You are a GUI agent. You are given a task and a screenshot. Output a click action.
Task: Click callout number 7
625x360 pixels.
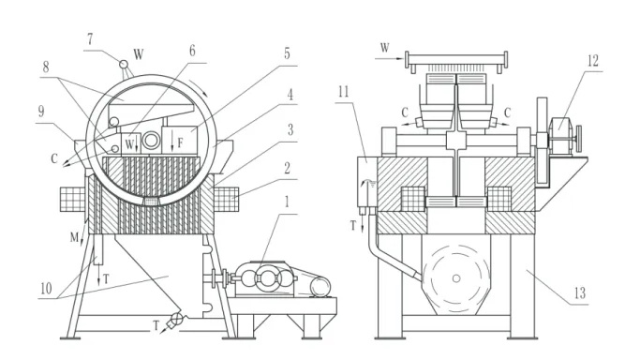(90, 39)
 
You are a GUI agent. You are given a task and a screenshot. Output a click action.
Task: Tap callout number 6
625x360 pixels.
(192, 51)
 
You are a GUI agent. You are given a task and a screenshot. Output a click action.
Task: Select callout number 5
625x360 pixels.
(287, 53)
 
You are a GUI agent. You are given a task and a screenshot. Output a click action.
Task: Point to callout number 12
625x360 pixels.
(593, 61)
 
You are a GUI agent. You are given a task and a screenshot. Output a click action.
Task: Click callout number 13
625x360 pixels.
(580, 293)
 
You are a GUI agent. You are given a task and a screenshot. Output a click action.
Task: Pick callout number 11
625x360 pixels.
(343, 92)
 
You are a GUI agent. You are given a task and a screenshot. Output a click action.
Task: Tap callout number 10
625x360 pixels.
(46, 288)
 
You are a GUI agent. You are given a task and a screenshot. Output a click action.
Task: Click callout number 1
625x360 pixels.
(286, 202)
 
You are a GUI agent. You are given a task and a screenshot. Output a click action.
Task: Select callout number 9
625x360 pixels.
(41, 112)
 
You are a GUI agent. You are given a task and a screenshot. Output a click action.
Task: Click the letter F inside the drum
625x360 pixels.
(180, 142)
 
